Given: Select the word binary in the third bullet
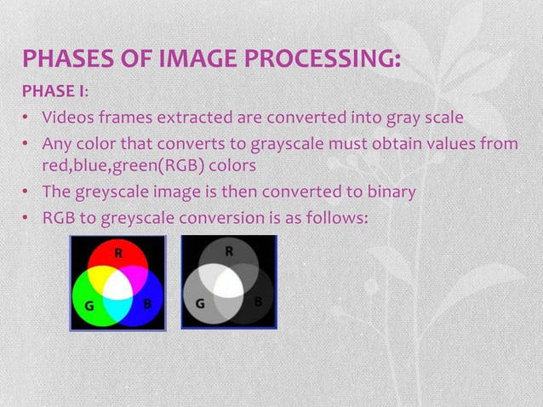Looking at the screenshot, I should [390, 192].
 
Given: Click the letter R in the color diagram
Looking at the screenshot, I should [118, 253].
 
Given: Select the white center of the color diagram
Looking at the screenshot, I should [118, 285].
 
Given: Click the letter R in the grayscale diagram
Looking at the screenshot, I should [229, 252].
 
